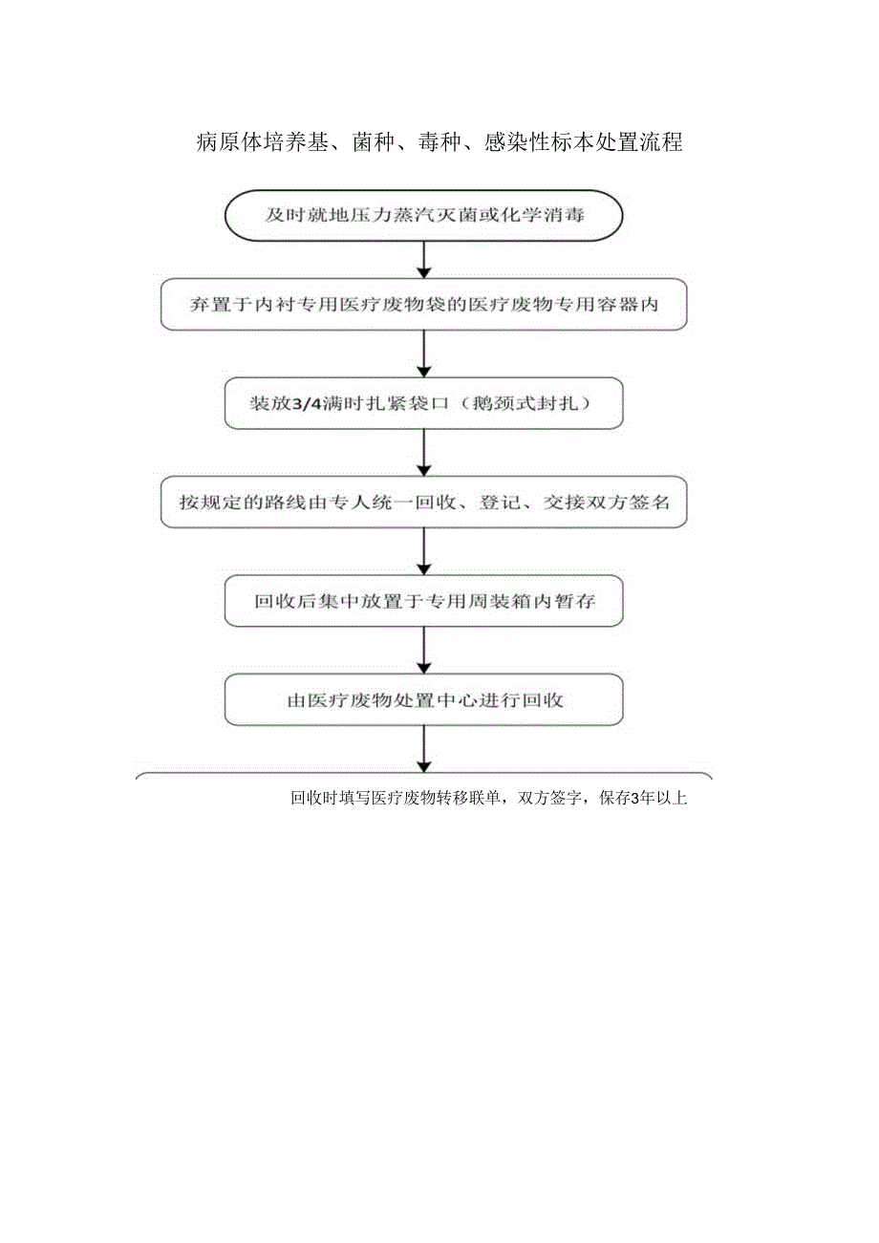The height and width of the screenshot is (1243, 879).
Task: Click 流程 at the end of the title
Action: (x=662, y=144)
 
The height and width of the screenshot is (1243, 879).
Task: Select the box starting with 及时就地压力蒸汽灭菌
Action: (x=423, y=217)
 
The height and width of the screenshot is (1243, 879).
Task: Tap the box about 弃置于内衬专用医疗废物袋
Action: (x=423, y=306)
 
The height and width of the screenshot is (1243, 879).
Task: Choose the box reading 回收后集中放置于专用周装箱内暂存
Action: (x=423, y=602)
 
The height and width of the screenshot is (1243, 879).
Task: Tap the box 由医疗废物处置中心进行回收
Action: (x=423, y=700)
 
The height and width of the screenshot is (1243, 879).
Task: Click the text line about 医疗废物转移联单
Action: (x=488, y=799)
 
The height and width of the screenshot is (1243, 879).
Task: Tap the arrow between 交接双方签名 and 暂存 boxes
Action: (x=423, y=551)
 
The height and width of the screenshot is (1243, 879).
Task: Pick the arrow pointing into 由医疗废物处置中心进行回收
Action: (x=423, y=652)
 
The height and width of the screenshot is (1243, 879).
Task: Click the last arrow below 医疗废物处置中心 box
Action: (x=423, y=749)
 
